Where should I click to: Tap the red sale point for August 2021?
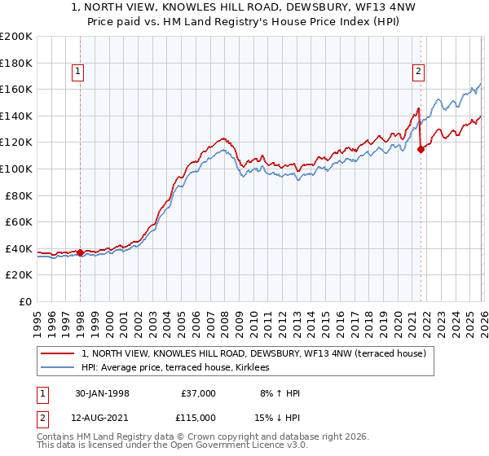coord(421,148)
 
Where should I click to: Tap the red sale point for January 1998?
coord(80,252)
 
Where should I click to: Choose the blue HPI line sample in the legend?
coord(59,367)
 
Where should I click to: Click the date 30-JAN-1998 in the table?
coord(102,393)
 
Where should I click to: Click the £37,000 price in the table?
coord(198,393)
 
